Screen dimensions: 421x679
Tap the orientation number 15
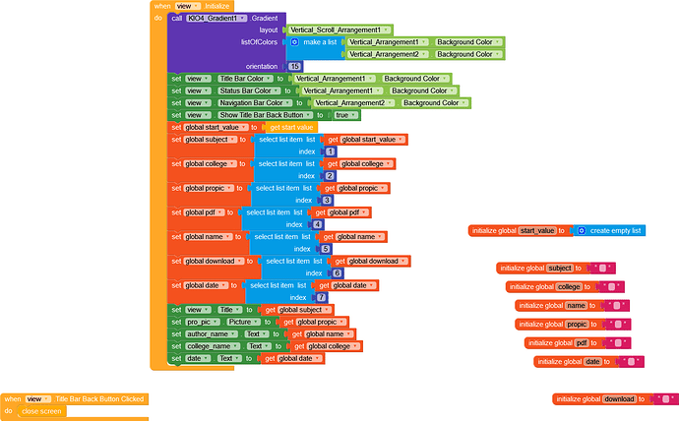[294, 66]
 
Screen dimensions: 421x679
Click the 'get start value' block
[291, 127]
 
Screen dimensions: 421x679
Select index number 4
[317, 224]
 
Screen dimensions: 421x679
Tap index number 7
[321, 297]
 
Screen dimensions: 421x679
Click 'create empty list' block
[615, 230]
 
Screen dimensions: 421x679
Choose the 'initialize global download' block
[593, 398]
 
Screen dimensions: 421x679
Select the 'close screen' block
[42, 411]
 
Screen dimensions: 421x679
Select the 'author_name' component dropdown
[211, 333]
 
